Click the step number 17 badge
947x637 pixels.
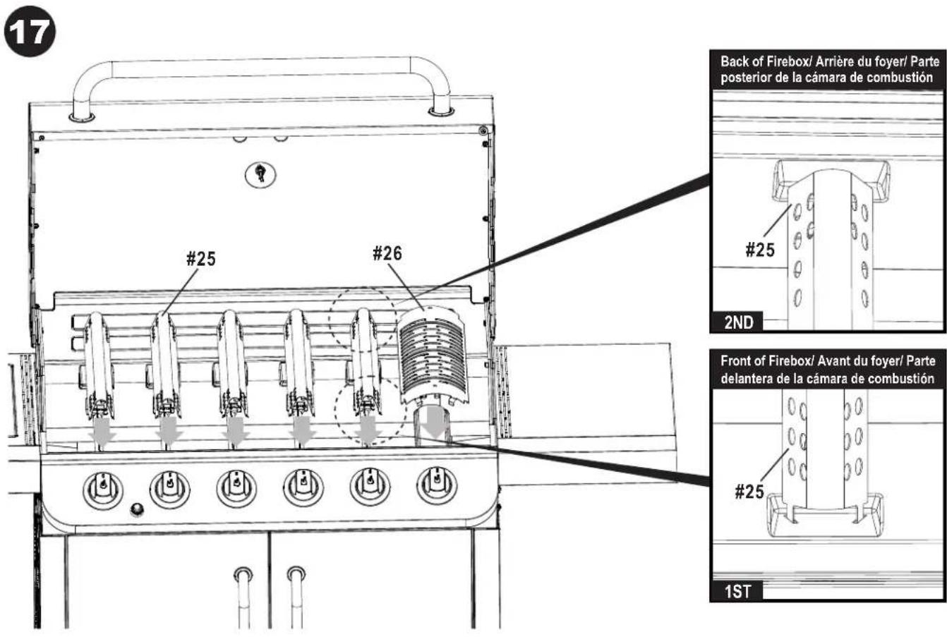[29, 34]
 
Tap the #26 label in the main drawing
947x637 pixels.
[387, 254]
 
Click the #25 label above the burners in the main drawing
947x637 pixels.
[201, 258]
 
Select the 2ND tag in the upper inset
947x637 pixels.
[738, 324]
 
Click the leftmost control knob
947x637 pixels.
[103, 487]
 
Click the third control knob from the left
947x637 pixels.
[236, 487]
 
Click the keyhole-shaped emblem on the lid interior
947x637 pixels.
[260, 173]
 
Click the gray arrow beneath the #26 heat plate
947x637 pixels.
[436, 424]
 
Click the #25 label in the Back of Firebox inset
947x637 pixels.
[760, 250]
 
